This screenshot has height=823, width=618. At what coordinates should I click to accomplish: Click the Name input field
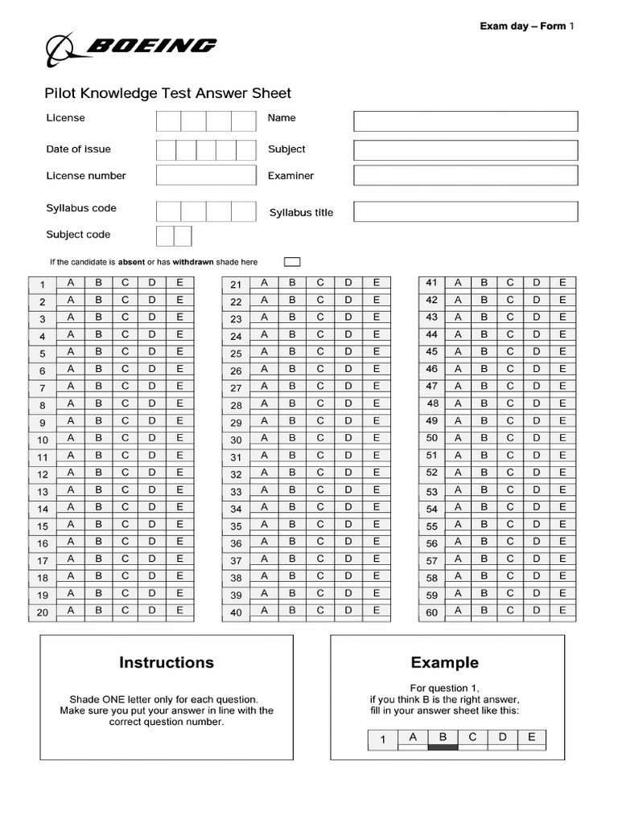465,121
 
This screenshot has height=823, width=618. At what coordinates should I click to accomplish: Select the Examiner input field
465,175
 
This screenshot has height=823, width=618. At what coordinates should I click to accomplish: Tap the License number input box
205,175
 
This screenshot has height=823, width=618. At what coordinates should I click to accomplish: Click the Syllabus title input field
465,211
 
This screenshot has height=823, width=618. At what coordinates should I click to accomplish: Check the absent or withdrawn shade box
292,261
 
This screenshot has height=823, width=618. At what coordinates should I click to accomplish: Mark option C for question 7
125,386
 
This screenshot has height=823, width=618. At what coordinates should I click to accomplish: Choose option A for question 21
263,282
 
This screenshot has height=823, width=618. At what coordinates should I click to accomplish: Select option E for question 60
562,610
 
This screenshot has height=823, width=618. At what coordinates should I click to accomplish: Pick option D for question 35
348,524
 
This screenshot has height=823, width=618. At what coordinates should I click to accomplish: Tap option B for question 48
484,403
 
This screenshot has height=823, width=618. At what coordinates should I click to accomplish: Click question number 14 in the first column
43,509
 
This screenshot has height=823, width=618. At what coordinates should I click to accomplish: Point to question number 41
431,282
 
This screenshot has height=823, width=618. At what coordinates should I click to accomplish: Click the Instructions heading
167,662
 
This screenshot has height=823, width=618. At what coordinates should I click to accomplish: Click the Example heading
444,662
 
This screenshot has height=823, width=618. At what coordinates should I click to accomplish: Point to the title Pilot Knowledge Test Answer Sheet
168,93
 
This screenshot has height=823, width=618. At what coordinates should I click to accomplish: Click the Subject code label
78,235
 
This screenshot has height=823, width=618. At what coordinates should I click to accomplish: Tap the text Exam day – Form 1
527,27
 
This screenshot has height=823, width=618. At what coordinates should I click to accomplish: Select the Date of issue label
78,149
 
